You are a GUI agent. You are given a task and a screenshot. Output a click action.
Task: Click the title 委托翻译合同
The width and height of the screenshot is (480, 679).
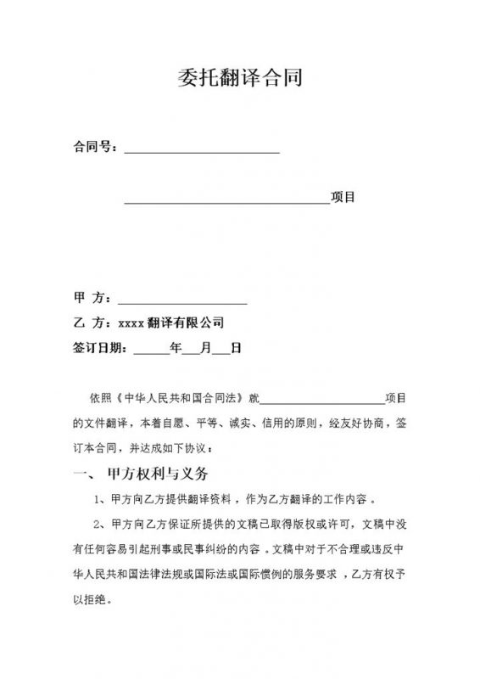241,79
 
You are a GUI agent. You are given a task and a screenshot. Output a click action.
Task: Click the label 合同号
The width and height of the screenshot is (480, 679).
92,147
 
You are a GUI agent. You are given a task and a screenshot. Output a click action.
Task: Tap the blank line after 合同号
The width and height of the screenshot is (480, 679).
202,150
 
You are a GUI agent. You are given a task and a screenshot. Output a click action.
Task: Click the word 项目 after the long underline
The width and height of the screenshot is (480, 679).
343,198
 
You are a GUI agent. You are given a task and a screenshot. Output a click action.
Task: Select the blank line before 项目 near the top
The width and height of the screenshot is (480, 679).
227,202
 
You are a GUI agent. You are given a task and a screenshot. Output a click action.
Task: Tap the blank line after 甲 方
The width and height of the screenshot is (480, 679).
182,301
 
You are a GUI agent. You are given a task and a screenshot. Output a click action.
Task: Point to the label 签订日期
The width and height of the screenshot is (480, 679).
98,347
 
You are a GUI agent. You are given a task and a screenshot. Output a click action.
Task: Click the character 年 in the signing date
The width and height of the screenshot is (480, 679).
176,347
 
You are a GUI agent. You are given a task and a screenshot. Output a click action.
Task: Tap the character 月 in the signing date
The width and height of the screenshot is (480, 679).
206,347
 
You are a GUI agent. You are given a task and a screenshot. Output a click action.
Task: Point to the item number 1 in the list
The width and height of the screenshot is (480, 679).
99,498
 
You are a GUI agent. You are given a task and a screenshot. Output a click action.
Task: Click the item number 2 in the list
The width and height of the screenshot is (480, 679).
99,522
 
